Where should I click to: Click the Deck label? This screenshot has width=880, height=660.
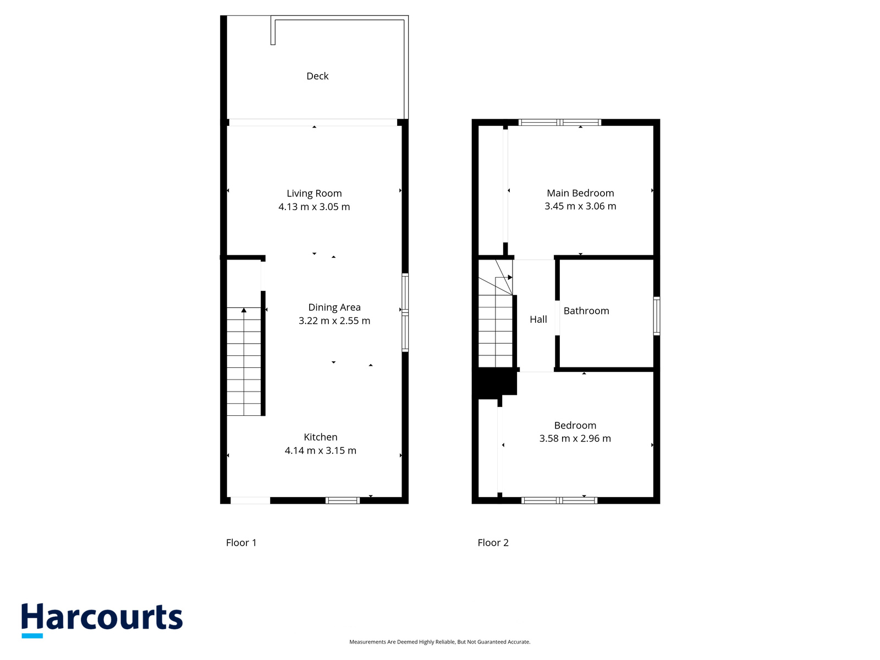317,76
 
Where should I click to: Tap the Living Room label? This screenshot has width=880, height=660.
314,194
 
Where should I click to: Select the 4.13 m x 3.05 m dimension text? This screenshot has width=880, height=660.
314,207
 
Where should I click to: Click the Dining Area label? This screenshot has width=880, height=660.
334,307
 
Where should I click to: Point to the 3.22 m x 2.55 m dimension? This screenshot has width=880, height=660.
334,321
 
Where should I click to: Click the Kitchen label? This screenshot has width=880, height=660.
320,437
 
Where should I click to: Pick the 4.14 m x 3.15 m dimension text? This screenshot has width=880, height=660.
320,450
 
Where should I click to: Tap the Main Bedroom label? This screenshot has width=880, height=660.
580,193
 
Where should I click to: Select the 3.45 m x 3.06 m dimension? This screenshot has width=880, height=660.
580,206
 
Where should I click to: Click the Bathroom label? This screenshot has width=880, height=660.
586,311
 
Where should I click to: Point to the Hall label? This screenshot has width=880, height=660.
538,320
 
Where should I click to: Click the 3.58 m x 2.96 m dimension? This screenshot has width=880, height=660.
575,438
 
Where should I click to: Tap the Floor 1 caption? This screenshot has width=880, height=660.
241,543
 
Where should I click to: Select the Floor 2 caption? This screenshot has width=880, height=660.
493,543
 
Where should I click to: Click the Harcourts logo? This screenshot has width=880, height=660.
102,620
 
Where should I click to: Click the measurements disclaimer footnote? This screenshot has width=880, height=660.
440,641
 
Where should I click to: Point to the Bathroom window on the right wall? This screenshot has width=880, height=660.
656,316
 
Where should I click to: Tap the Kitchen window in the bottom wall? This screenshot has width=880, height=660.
343,500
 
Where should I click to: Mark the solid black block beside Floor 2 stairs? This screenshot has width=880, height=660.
494,383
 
